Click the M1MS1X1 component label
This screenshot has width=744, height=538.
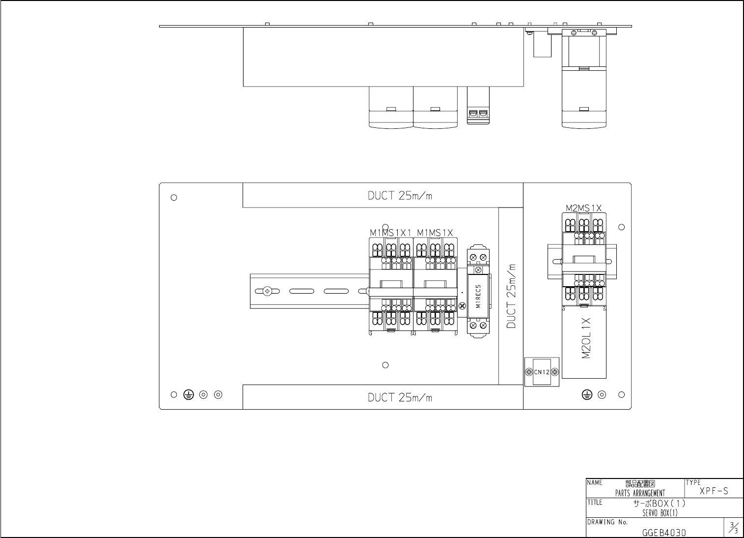[390, 233]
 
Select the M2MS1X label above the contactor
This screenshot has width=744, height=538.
[583, 208]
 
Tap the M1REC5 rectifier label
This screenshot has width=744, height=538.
[478, 296]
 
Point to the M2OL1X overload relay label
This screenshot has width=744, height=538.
[586, 338]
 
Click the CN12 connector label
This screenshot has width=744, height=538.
[542, 372]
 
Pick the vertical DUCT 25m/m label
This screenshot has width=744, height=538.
[511, 296]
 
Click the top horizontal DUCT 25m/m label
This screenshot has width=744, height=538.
[400, 196]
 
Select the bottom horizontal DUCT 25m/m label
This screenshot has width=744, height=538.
[400, 397]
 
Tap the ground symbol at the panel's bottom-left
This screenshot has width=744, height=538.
[189, 395]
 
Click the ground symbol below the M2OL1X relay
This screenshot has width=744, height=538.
[587, 395]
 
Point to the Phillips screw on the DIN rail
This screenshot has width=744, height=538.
[267, 291]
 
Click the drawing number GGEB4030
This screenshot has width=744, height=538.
[664, 533]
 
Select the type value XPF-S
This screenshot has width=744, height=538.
[714, 491]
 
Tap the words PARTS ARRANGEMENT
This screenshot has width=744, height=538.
[640, 493]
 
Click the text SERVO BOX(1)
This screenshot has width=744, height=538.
[660, 513]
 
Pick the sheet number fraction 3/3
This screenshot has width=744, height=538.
[733, 527]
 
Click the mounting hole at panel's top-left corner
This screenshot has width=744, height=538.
[174, 198]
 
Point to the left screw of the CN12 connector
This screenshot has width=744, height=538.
[529, 372]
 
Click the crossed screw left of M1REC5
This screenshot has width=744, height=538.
[462, 306]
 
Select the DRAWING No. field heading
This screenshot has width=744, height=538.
[607, 522]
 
